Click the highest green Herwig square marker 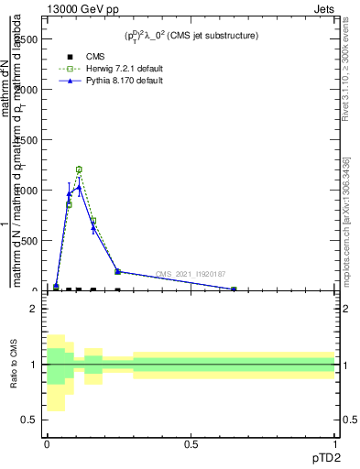pyautogui.click(x=79, y=169)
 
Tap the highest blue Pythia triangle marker pyautogui.click(x=79, y=187)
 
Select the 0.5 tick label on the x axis pyautogui.click(x=191, y=445)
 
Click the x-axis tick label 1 pyautogui.click(x=334, y=445)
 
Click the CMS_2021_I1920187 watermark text pyautogui.click(x=191, y=274)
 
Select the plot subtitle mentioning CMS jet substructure pyautogui.click(x=191, y=36)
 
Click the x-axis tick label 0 pyautogui.click(x=47, y=445)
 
